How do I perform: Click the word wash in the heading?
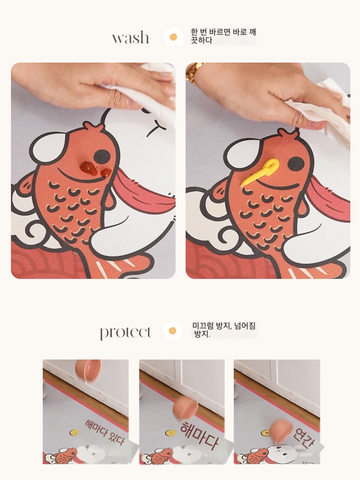pyautogui.click(x=131, y=37)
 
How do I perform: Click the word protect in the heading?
pyautogui.click(x=125, y=333)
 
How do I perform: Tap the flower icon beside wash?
pyautogui.click(x=174, y=37)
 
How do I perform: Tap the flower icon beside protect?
pyautogui.click(x=173, y=331)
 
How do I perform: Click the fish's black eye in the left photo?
pyautogui.click(x=102, y=157)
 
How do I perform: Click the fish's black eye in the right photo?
pyautogui.click(x=296, y=164)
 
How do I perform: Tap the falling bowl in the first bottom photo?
pyautogui.click(x=88, y=370)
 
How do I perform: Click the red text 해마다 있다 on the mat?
pyautogui.click(x=105, y=432)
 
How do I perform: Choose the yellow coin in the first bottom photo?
pyautogui.click(x=74, y=432)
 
